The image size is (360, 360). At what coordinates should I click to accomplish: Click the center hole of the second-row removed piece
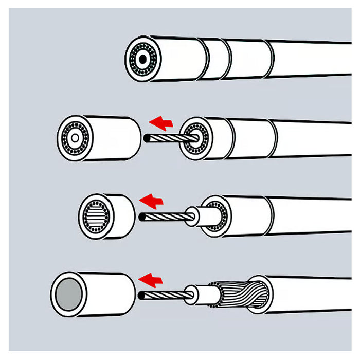(x=76, y=138)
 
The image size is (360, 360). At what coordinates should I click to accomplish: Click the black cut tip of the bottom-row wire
(x=142, y=295)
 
